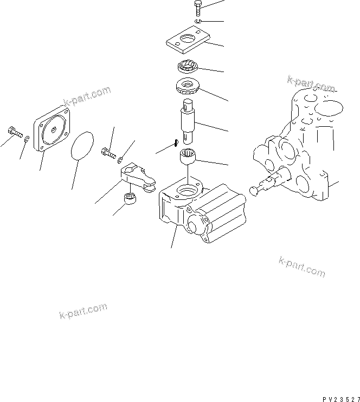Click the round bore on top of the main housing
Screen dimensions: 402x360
pyautogui.click(x=186, y=191)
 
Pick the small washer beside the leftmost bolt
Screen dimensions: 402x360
pyautogui.click(x=27, y=141)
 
